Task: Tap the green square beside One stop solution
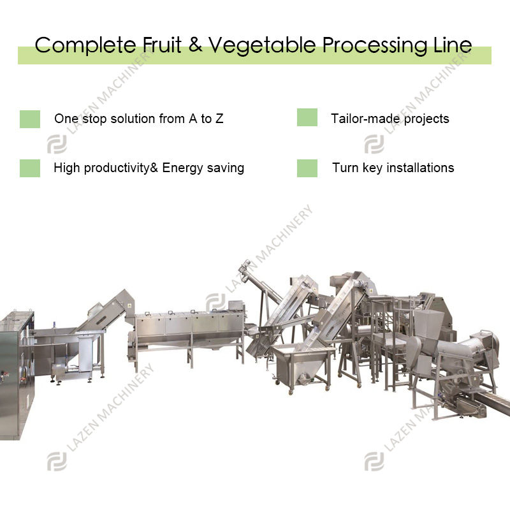pos(30,119)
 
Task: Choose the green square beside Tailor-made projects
pos(307,118)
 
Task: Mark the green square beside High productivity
pos(30,168)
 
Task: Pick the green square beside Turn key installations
pos(307,168)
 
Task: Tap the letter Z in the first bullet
pos(219,119)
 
